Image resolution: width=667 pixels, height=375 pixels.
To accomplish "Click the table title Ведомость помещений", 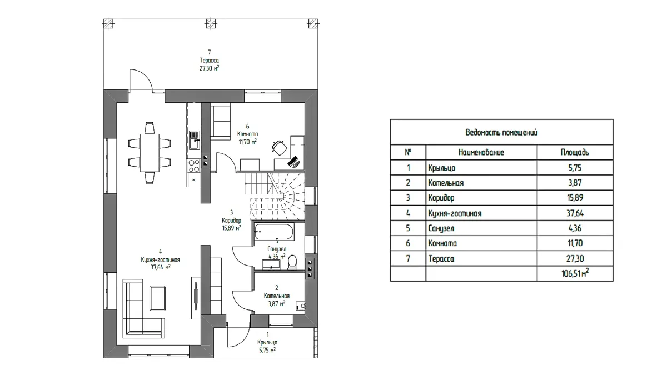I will tap(501, 133).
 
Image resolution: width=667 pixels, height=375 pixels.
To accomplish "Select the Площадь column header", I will tap(575, 152).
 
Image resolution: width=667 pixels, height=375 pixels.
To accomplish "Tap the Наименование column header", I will tap(481, 152).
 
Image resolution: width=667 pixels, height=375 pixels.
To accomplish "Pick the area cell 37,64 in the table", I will tap(575, 213).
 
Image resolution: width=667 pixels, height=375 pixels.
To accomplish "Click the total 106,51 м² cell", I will tap(575, 273).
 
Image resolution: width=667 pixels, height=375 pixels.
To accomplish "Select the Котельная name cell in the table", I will tap(446, 183).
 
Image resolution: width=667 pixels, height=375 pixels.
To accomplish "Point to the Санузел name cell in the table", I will tap(443, 228).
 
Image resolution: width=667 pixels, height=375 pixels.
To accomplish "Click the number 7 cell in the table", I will tap(408, 258).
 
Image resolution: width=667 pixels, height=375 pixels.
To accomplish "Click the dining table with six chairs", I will tap(148, 152).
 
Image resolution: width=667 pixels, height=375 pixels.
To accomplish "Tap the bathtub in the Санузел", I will tap(275, 232).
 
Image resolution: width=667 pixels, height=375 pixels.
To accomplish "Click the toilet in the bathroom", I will tap(295, 262).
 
